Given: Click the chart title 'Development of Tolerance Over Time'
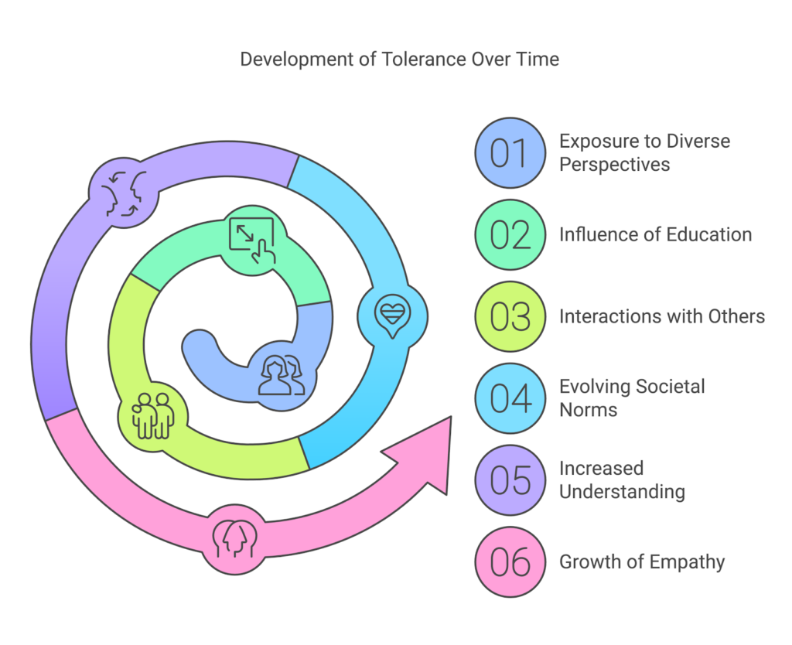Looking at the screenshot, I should click(399, 60).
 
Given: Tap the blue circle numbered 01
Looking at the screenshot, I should click(510, 153).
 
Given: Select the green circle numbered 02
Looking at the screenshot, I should click(510, 235).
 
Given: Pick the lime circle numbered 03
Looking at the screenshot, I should click(510, 317).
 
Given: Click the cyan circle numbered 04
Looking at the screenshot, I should click(510, 398).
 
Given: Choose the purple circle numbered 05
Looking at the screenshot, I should click(510, 480).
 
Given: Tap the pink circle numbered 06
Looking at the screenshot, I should click(510, 561).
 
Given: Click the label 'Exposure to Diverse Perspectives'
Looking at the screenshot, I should click(644, 153).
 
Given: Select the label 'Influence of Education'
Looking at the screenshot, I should click(655, 234).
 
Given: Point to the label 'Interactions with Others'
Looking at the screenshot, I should click(662, 316).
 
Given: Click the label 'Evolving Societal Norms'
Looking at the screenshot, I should click(632, 398).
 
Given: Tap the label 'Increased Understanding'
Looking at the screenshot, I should click(622, 479).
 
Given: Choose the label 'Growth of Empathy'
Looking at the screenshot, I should click(642, 561).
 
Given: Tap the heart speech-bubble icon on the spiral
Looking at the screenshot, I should click(393, 314).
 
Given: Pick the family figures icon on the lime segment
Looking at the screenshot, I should click(152, 415).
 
